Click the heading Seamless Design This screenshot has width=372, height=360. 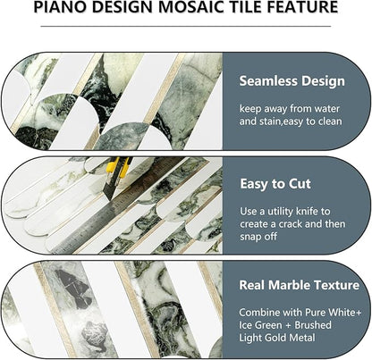292,80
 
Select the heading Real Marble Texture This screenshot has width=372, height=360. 299,286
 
